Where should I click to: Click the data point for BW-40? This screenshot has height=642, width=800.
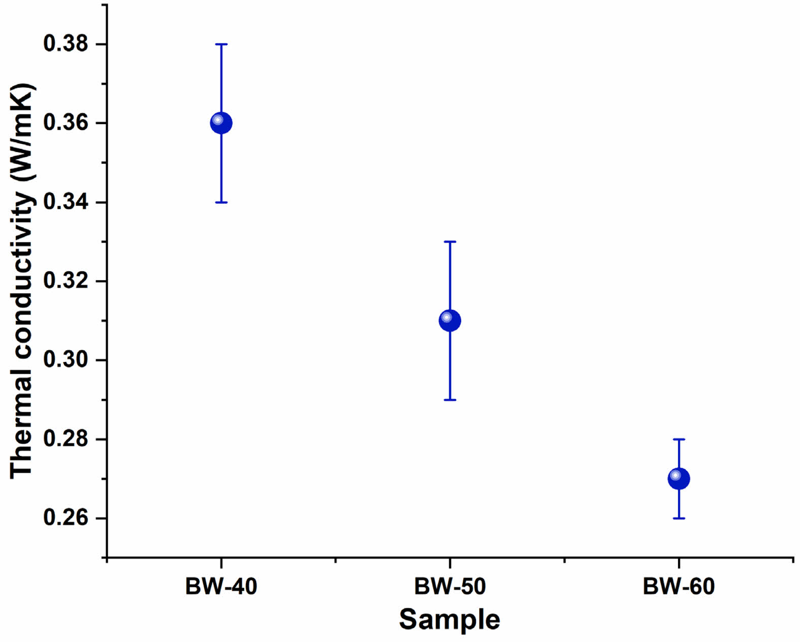pos(221,123)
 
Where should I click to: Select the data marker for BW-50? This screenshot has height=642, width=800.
pos(450,321)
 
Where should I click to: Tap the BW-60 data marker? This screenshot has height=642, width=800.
pos(679,479)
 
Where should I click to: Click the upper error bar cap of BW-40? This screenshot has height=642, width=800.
pos(221,44)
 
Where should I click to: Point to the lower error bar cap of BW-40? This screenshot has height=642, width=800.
pos(221,202)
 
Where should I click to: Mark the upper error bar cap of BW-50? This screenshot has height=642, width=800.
pos(450,241)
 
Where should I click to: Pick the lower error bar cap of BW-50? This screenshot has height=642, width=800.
pos(450,400)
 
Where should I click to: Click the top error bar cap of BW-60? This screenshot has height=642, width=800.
pos(679,439)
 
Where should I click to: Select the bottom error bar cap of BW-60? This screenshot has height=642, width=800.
pos(679,518)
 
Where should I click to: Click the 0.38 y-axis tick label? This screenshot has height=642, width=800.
pos(66,44)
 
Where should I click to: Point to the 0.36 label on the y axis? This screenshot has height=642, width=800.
pos(66,123)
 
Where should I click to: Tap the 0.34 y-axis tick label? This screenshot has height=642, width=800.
pos(66,202)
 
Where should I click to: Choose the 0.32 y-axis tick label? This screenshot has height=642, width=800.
pos(66,281)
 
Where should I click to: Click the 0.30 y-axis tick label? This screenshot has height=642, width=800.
pos(66,360)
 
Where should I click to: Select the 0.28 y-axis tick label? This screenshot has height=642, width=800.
pos(66,439)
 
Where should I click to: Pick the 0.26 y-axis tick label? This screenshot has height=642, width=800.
pos(66,518)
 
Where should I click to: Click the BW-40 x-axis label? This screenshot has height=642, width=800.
pos(221,587)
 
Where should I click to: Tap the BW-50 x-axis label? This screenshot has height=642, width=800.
pos(450,587)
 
